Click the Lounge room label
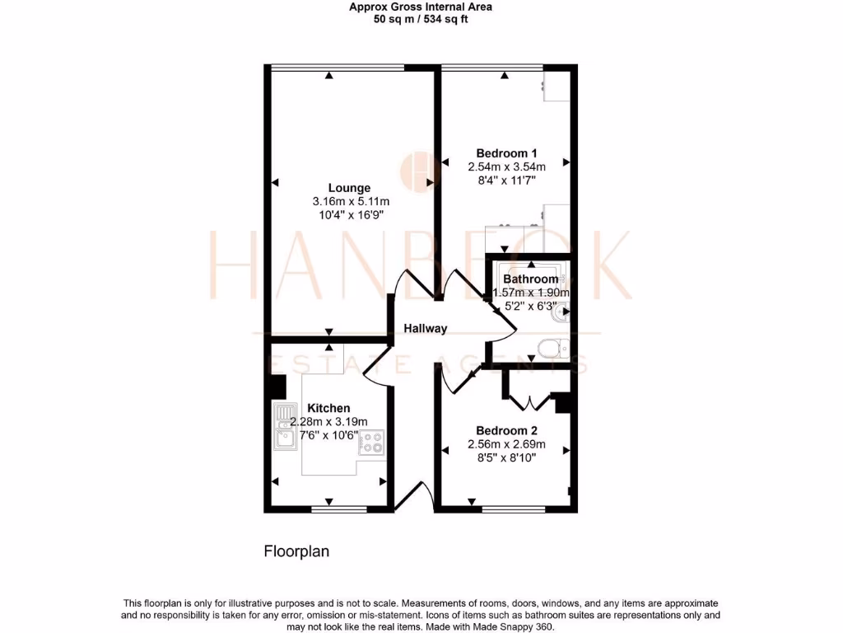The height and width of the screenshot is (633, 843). [x=351, y=188]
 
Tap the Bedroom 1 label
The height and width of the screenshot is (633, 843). [x=506, y=152]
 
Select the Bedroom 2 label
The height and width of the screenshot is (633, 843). [x=506, y=430]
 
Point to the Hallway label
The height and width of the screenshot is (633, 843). [x=426, y=328]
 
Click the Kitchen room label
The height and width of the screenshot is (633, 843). [x=328, y=408]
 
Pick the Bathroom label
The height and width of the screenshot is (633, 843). [x=531, y=279]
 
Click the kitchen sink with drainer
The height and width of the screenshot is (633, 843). [x=285, y=426]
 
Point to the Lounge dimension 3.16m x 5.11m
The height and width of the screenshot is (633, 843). [x=351, y=201]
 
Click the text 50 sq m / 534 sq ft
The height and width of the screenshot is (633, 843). [x=421, y=19]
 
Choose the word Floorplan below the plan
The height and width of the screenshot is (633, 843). [x=296, y=551]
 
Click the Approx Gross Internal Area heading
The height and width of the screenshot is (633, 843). [x=421, y=7]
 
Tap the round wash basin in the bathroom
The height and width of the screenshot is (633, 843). [x=562, y=313]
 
